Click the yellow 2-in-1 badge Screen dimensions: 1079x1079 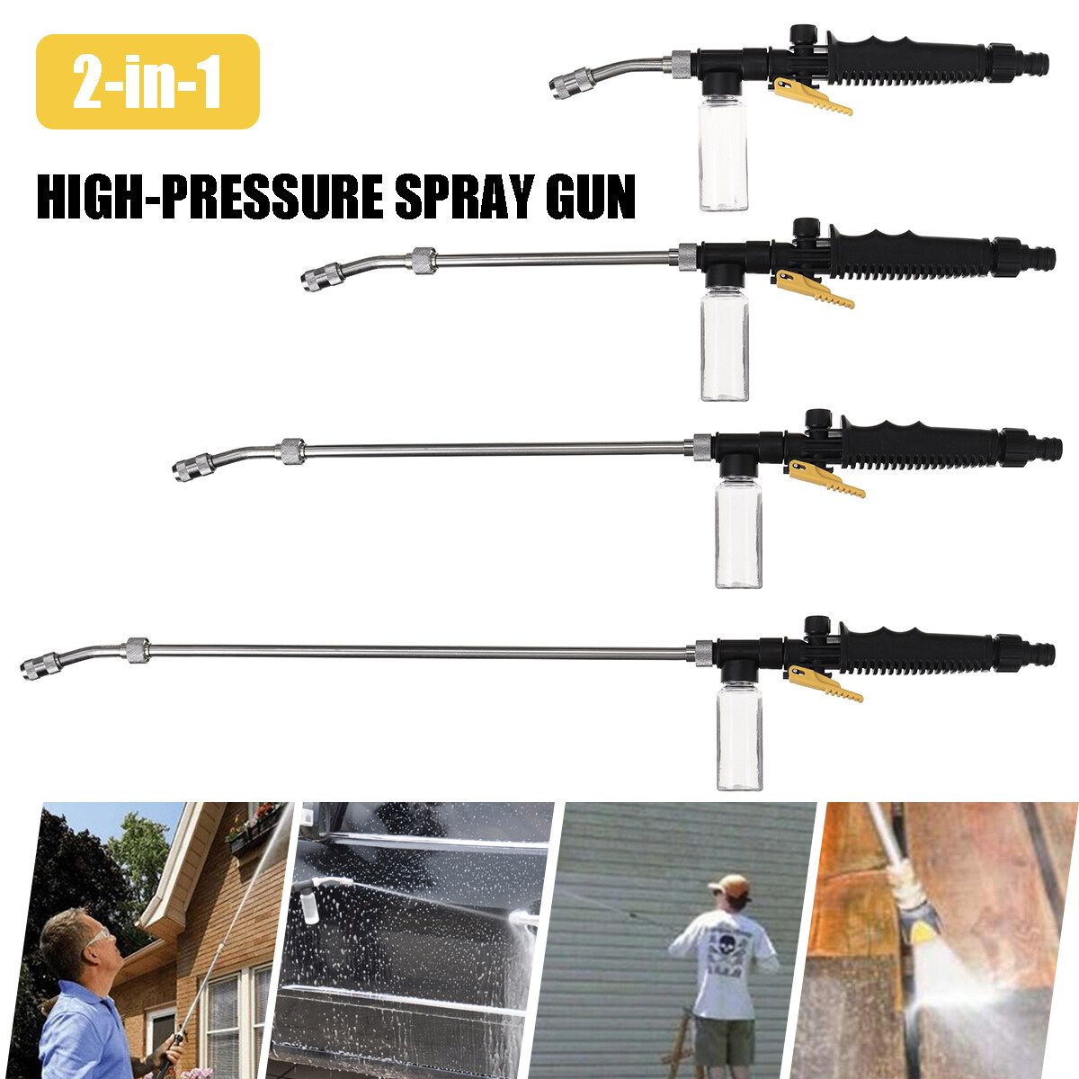(x=147, y=82)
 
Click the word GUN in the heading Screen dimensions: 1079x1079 (x=591, y=197)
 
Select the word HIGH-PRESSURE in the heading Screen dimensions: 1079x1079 (x=210, y=197)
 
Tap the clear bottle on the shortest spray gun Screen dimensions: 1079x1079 (x=724, y=157)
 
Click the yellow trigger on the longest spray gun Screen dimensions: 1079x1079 (x=825, y=682)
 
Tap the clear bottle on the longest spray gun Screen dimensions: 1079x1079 (x=739, y=738)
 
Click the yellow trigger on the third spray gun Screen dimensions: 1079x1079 (x=827, y=477)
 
